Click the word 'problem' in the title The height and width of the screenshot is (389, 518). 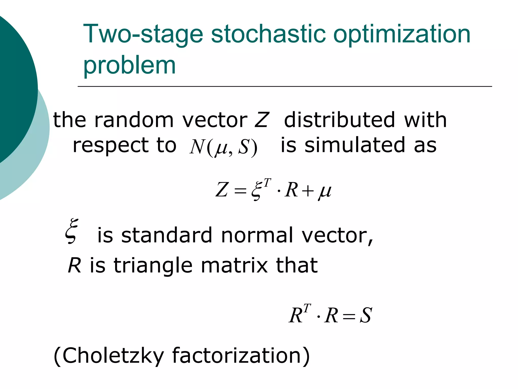click(x=129, y=66)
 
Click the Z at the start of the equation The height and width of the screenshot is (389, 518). click(x=222, y=190)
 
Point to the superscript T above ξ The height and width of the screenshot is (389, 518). click(x=267, y=182)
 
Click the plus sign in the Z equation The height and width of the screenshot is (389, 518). click(x=308, y=190)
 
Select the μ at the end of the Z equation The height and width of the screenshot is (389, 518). click(x=325, y=191)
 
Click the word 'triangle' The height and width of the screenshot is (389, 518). click(x=153, y=265)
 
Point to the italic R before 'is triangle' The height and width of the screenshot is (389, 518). click(x=74, y=265)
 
